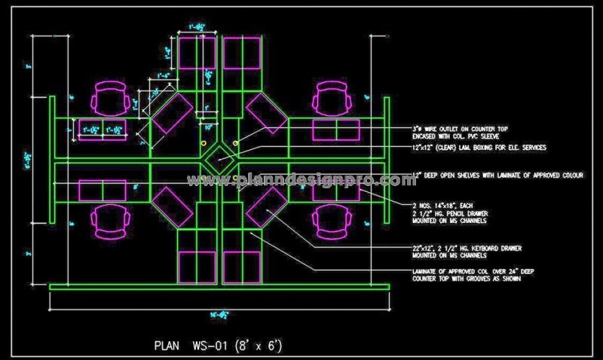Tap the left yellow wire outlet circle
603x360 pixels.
(203, 142)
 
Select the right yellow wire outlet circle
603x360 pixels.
(237, 142)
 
